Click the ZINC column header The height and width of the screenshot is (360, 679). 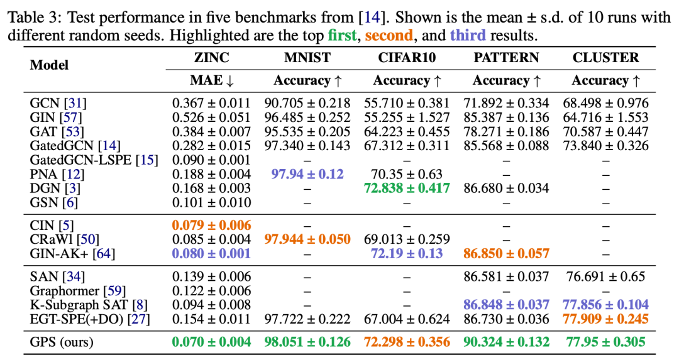[x=211, y=58]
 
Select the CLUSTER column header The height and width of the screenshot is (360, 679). [x=605, y=58]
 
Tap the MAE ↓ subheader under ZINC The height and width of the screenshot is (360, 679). [x=211, y=80]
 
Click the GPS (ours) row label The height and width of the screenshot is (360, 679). [x=62, y=342]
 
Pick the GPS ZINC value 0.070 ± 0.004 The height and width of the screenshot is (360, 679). [x=211, y=342]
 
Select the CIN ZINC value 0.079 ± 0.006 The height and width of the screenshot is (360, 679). [x=211, y=225]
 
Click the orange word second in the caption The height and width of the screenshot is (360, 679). [x=389, y=35]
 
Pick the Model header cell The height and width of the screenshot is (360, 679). [x=50, y=65]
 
